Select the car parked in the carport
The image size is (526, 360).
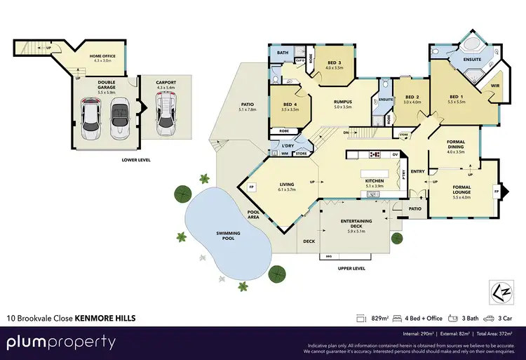(x=166, y=115)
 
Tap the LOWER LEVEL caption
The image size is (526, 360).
(x=134, y=160)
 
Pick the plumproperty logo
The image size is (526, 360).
(x=62, y=342)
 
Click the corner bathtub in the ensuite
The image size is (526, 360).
(x=467, y=43)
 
